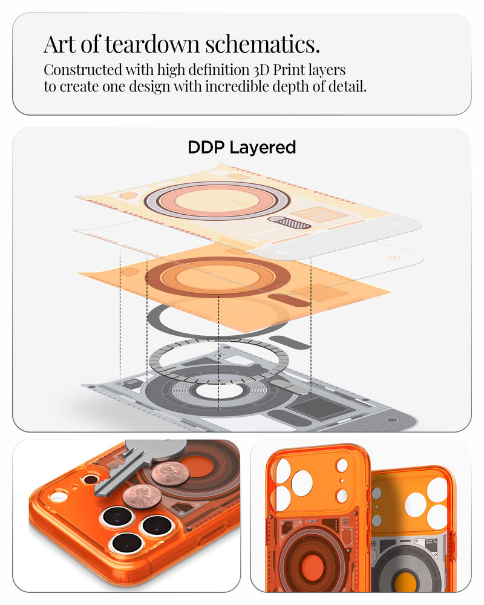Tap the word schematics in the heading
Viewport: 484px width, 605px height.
(263, 44)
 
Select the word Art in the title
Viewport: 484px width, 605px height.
(59, 44)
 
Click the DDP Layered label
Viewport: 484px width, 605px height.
(241, 148)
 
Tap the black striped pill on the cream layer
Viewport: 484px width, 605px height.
(290, 222)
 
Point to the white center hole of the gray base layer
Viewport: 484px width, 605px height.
(219, 390)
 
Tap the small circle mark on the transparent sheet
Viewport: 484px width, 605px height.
(394, 257)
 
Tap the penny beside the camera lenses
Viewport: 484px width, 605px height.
(142, 497)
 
